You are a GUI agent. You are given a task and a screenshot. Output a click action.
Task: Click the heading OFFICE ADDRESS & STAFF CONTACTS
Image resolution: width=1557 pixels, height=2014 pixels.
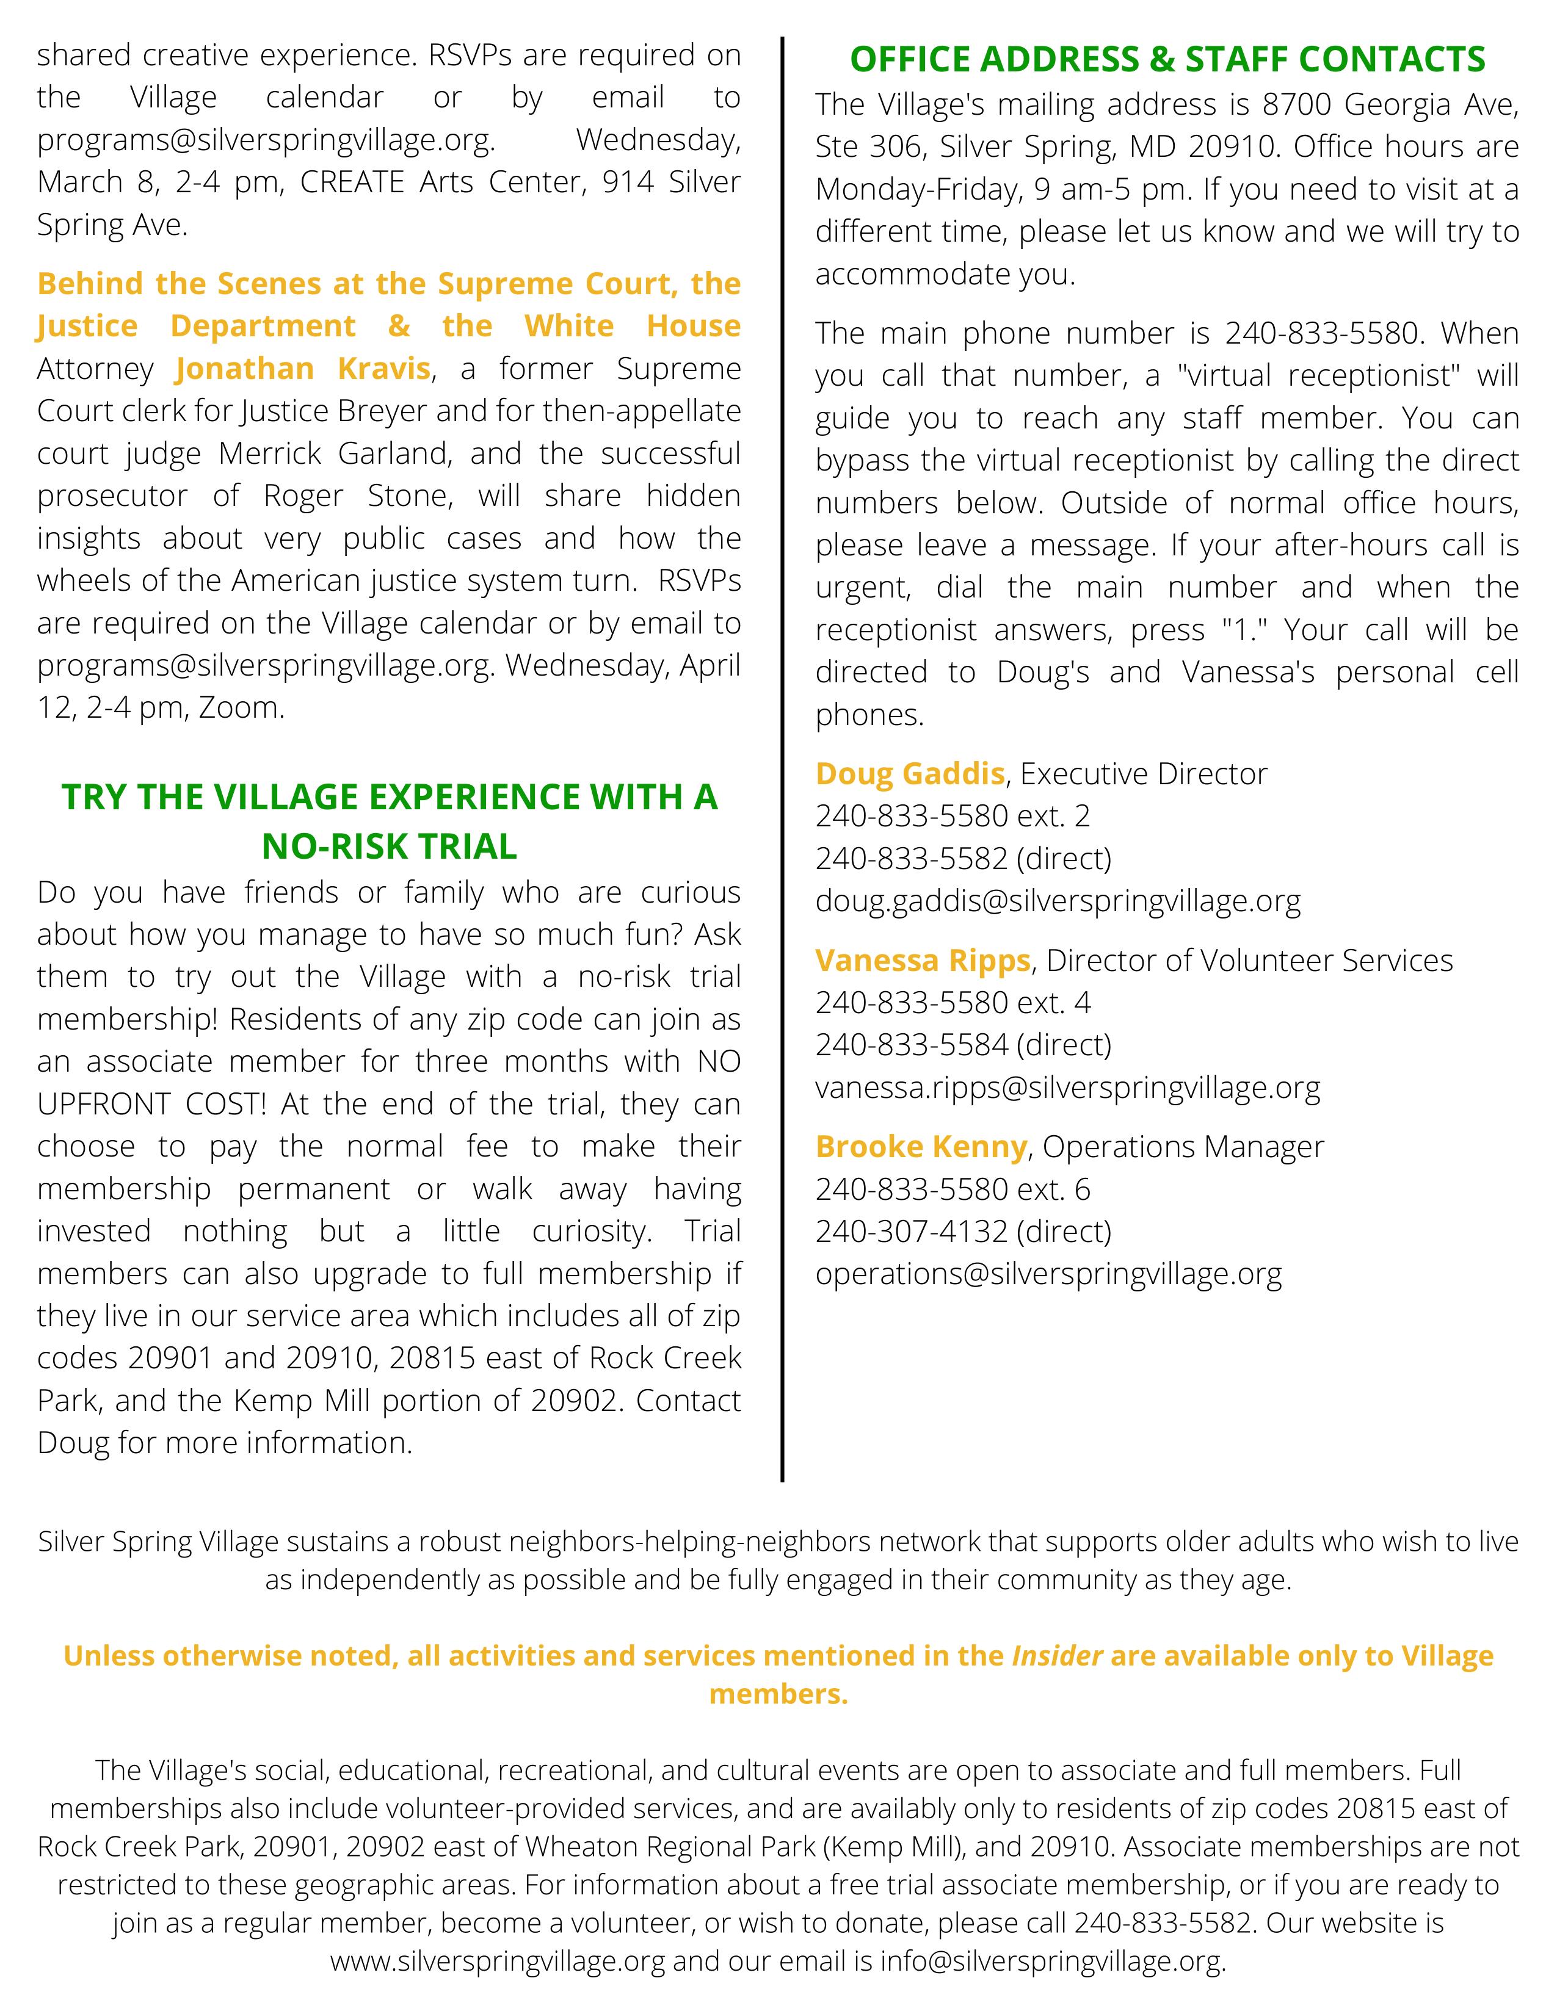point(1167,59)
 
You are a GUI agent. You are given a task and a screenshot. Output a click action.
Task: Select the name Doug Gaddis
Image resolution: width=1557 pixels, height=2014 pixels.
point(910,773)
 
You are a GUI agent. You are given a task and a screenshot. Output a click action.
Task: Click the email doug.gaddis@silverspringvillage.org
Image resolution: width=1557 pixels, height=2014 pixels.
point(1058,901)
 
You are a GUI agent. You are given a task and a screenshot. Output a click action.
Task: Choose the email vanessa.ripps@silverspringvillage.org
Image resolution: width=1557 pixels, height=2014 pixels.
point(1067,1087)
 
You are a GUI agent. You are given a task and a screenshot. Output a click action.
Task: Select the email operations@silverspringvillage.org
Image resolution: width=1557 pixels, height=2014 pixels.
point(1048,1274)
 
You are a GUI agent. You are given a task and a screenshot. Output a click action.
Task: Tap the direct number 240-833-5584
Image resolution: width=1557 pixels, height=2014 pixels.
point(912,1045)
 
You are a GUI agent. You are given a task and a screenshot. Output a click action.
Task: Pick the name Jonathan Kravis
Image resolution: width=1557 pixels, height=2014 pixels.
point(303,369)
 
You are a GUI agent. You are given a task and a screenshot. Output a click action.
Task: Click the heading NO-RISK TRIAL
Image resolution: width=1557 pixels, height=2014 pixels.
point(390,846)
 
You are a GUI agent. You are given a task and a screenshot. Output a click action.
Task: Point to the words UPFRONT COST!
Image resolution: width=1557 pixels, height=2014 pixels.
point(152,1104)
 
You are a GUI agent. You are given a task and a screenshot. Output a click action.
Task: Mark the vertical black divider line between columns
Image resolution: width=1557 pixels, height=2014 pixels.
point(782,756)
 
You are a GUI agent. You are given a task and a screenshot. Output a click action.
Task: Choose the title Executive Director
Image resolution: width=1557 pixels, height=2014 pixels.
point(1144,773)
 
